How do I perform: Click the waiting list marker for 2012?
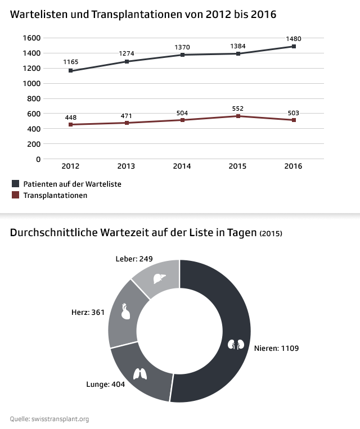click(x=70, y=71)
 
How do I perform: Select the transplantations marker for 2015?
click(x=238, y=116)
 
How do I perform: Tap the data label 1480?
click(x=294, y=39)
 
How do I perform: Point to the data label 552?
click(x=238, y=107)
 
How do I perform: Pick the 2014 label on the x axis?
click(x=182, y=166)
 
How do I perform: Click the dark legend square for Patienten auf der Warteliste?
click(x=15, y=184)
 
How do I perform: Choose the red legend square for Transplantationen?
click(x=15, y=195)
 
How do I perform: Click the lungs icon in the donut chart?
click(x=139, y=373)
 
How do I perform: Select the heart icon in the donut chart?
click(x=126, y=311)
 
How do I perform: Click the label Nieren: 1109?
click(x=277, y=349)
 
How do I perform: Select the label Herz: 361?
click(x=88, y=312)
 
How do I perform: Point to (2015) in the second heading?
click(x=271, y=233)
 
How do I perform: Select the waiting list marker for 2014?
click(x=182, y=55)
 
